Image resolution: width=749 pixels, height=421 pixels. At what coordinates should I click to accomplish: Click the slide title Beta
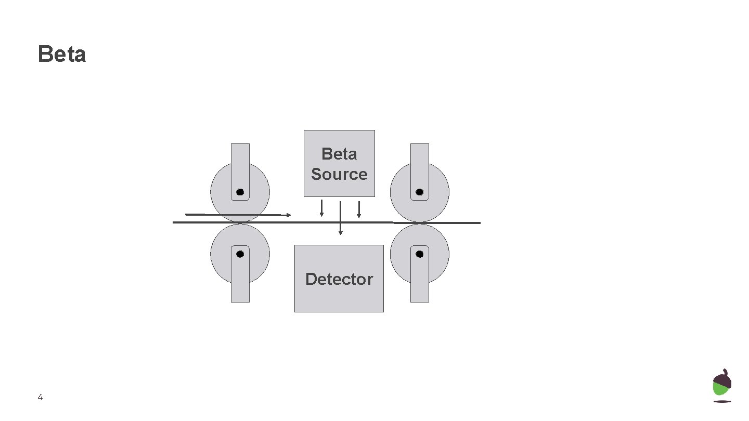(x=61, y=55)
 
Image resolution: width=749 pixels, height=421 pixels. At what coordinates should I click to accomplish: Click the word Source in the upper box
(x=339, y=174)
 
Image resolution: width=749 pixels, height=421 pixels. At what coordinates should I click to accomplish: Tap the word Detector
(x=339, y=279)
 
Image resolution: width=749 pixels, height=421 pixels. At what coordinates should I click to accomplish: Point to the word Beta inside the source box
(x=339, y=154)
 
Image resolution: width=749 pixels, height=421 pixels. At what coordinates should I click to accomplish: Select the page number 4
(x=40, y=398)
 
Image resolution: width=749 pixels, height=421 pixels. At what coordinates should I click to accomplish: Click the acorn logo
(x=722, y=385)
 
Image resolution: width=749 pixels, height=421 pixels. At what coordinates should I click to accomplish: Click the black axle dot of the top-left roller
(x=240, y=192)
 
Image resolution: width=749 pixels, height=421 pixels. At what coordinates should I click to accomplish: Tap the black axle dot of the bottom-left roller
(x=240, y=254)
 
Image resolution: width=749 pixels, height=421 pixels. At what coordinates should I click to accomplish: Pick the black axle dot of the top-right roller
(x=420, y=192)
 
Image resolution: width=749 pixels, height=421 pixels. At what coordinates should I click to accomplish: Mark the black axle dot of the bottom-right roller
(x=420, y=254)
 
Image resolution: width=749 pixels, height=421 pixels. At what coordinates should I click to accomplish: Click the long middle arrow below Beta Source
(x=340, y=218)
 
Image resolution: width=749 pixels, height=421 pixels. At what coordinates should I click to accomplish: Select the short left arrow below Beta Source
(x=321, y=208)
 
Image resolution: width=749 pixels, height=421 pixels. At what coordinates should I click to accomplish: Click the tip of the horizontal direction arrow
(x=289, y=215)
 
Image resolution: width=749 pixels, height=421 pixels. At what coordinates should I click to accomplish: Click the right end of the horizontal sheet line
(x=479, y=223)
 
